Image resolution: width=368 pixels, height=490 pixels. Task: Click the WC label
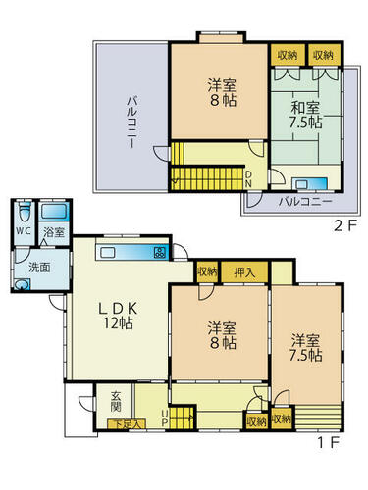coord(24,231)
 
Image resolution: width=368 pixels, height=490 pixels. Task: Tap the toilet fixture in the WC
coord(25,212)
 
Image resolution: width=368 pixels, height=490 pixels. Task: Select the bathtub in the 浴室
coord(54,212)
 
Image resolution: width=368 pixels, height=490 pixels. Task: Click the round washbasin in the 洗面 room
coord(22,284)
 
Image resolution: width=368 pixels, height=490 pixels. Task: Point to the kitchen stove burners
coord(160,252)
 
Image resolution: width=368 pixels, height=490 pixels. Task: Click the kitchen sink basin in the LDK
coord(107,252)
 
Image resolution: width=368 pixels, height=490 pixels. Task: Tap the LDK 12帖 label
coord(119,316)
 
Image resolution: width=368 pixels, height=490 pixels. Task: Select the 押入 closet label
coord(244,272)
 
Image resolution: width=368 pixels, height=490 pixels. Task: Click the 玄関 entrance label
coord(116,401)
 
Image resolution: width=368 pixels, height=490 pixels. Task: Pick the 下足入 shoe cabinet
coord(127,423)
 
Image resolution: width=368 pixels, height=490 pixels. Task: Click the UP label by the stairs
coord(165,418)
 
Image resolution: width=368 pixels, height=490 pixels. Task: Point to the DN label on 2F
coord(248,179)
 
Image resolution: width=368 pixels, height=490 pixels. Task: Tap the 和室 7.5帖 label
coord(305,115)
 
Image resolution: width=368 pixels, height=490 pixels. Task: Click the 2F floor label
coord(344,226)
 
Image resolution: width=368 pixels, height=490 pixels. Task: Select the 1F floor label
coord(328,442)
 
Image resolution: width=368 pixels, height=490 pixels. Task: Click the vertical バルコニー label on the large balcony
coord(131,122)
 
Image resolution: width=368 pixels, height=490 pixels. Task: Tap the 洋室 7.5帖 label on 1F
coord(305,348)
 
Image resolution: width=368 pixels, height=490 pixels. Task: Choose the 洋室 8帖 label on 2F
coord(222,93)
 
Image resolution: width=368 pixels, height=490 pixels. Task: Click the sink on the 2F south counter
coord(301,185)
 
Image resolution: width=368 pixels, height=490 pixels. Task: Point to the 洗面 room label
coord(39,268)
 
